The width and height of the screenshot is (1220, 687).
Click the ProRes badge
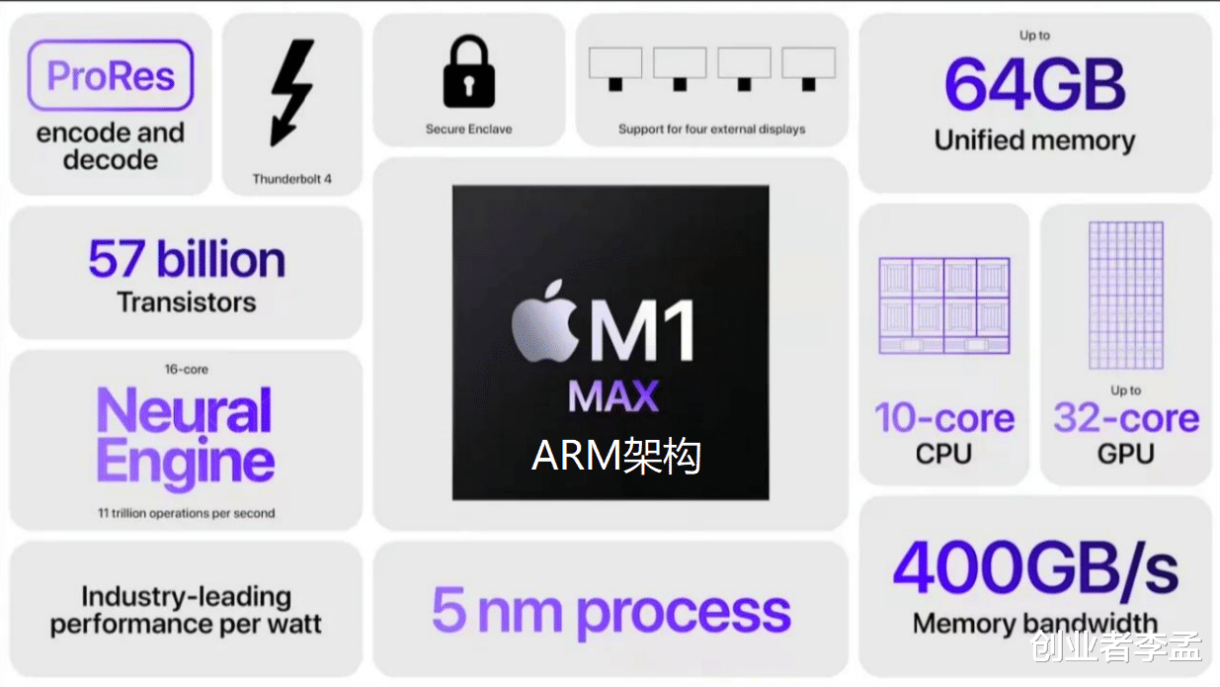pos(110,75)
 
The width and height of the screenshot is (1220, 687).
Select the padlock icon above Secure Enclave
pos(468,72)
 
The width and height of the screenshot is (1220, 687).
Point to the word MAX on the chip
pos(613,397)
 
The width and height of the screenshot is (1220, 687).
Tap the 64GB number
pos(1034,86)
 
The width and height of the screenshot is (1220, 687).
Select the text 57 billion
pos(187,259)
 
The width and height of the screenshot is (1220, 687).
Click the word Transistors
pos(187,302)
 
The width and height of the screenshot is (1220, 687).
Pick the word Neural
pos(185,410)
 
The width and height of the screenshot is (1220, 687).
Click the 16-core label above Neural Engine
pos(186,370)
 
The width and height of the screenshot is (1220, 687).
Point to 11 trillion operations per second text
pos(186,513)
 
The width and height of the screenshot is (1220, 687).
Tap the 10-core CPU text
pos(944,433)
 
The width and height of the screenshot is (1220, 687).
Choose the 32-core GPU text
pos(1126,433)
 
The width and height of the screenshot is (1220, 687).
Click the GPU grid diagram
pos(1126,296)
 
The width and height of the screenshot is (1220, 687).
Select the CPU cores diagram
pos(944,305)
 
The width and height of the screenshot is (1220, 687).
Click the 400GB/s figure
pos(1034,569)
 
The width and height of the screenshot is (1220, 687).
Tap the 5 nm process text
pos(611,610)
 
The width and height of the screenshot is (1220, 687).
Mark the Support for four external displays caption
pos(711,129)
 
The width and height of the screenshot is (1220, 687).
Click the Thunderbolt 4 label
pos(291,179)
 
